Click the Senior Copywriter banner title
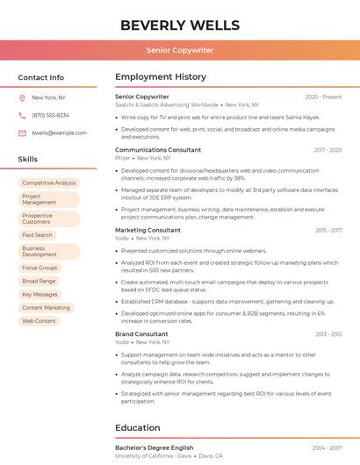click(x=179, y=50)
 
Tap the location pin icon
click(x=22, y=98)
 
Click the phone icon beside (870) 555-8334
click(x=22, y=116)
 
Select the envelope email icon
click(x=22, y=133)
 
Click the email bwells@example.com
click(x=59, y=133)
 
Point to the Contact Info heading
click(x=41, y=77)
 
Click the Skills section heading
click(x=28, y=160)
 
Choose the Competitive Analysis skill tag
click(x=49, y=183)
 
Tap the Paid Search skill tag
click(x=38, y=235)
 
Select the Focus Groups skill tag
click(x=40, y=268)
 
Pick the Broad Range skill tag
click(x=39, y=282)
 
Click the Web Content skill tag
click(x=39, y=321)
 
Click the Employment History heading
click(x=161, y=77)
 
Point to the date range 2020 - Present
click(x=323, y=97)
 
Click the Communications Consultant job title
click(x=158, y=150)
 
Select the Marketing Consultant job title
click(x=148, y=230)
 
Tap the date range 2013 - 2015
click(x=328, y=334)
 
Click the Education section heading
click(x=138, y=428)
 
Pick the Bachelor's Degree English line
click(x=154, y=447)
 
